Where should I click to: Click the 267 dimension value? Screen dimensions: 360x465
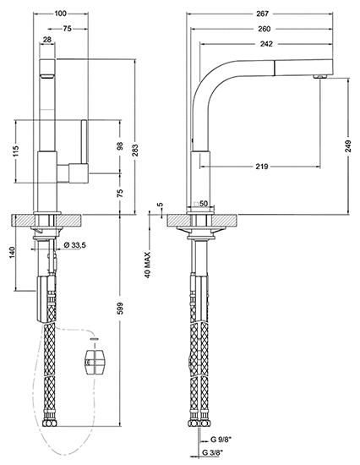263,14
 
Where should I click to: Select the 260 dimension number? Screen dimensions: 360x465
265,29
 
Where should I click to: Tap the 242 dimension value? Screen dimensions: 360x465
266,44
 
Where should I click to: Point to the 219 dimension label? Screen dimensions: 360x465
262,167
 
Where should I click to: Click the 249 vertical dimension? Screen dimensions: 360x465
348,145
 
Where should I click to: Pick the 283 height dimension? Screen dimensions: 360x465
135,150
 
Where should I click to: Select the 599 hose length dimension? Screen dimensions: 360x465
120,309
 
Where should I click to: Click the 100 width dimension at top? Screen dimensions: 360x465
61,14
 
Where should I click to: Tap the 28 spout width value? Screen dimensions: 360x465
47,39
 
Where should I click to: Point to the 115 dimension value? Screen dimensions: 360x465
16,151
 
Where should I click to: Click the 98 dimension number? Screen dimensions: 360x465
120,146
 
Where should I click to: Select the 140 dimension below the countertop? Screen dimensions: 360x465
13,252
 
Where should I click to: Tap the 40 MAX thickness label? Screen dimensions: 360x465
147,265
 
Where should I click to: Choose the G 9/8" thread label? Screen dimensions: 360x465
217,440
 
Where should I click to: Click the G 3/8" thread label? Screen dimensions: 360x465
213,452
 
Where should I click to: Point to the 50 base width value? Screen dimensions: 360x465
204,204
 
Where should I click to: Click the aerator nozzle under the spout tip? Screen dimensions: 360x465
320,77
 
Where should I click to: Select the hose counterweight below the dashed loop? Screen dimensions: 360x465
95,362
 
